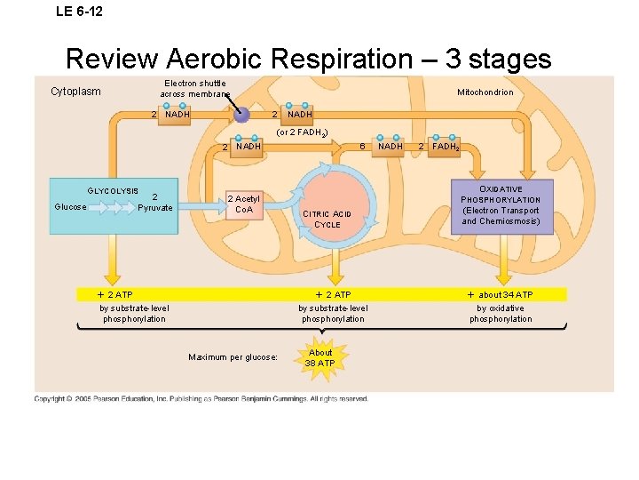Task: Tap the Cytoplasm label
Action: point(75,92)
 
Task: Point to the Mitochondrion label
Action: point(485,92)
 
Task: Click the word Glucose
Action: point(70,207)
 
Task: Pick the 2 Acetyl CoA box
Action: point(243,204)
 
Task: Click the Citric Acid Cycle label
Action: point(327,219)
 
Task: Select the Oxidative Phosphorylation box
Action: point(501,205)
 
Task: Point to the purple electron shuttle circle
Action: point(241,114)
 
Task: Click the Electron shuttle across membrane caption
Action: point(194,88)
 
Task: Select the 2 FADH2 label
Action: point(439,147)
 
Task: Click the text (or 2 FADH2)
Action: point(302,132)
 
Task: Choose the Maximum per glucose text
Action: point(233,357)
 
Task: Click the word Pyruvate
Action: point(155,207)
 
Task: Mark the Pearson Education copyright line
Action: point(201,399)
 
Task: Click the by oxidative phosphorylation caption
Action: point(501,314)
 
